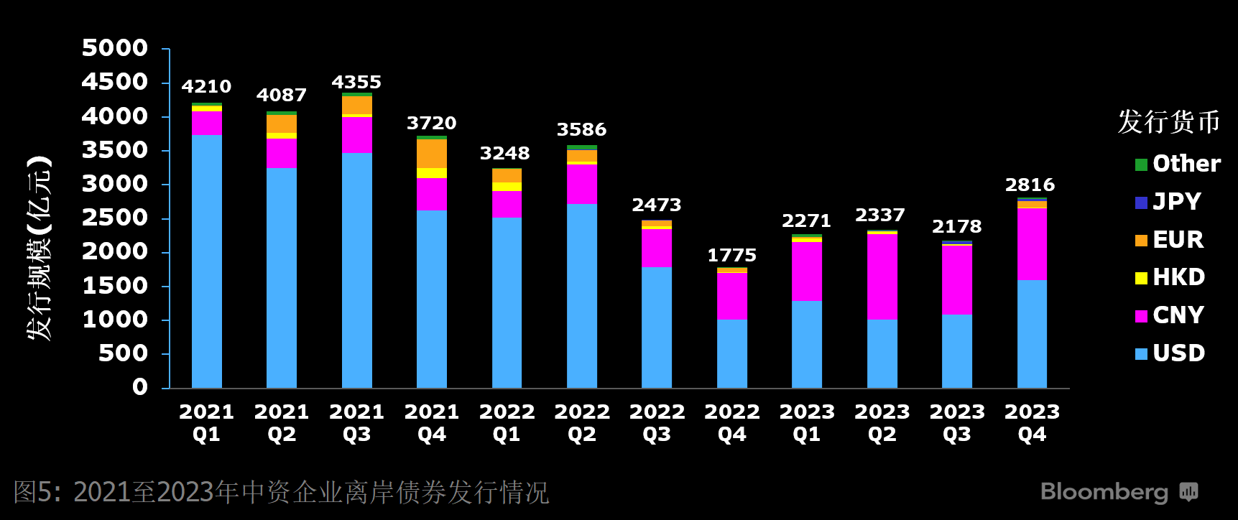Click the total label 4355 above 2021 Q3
(356, 82)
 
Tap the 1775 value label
(731, 255)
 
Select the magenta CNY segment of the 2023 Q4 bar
(1032, 244)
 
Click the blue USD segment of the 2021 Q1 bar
(207, 261)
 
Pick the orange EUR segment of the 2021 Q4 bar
(432, 154)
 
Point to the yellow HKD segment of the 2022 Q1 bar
(507, 187)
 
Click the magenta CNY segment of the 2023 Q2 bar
(882, 277)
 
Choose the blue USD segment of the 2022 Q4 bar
(732, 354)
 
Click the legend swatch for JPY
(1141, 203)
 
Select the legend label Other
(1186, 164)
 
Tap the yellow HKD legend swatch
(1141, 278)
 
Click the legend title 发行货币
(1169, 122)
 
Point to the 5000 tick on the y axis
(115, 48)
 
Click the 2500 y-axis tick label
(115, 218)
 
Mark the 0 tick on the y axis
(140, 387)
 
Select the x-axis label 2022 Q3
(657, 423)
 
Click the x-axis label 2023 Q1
(807, 423)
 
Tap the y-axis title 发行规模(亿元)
(40, 248)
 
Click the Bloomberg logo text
(1104, 492)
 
